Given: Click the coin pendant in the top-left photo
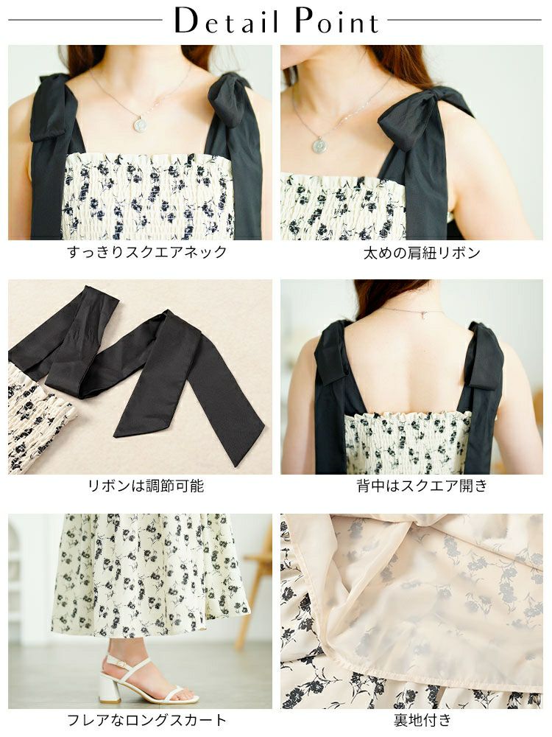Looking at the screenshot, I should point(141,125).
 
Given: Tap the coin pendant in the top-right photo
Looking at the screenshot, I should point(319,145).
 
